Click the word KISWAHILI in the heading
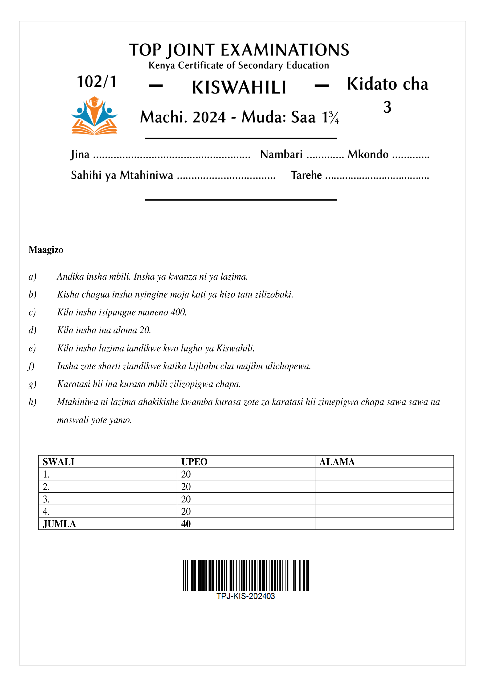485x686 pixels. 239,88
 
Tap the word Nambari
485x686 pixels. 281,154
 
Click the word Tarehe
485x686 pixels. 306,175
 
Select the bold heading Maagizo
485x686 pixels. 46,250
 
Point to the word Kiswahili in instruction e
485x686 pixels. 235,348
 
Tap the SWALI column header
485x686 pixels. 58,462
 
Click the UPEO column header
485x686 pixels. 194,462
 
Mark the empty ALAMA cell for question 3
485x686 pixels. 384,499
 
